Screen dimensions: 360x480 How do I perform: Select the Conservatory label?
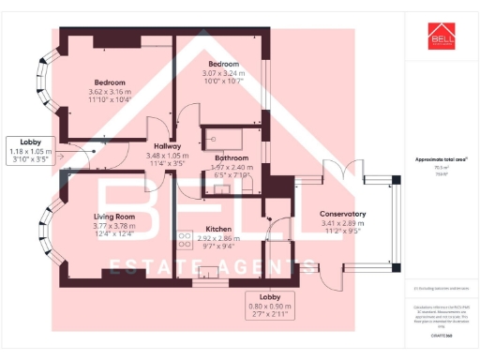pos(342,214)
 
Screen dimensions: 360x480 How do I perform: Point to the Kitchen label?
pos(218,229)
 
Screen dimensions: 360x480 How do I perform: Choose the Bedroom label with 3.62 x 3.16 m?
pos(111,82)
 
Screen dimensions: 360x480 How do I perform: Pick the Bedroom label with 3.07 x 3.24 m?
pos(225,64)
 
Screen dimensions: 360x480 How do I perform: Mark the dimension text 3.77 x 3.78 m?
pos(112,225)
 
